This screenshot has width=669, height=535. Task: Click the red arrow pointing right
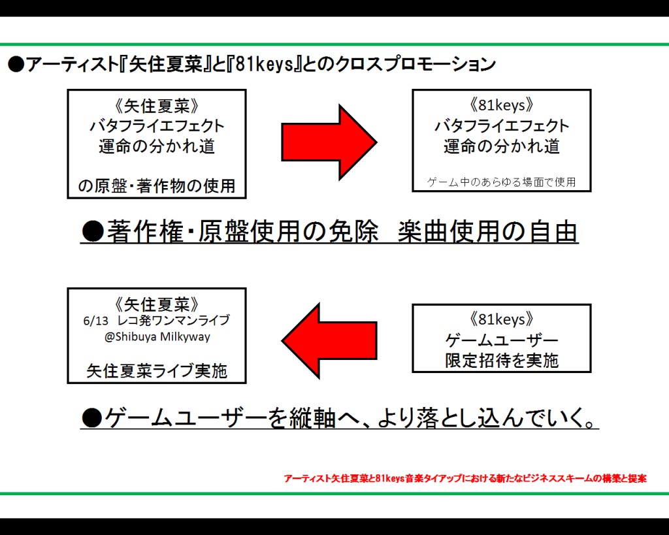[329, 142]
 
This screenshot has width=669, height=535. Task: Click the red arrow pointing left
[329, 341]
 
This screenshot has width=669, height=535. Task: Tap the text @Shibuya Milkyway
[157, 337]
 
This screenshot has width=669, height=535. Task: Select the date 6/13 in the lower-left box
[95, 321]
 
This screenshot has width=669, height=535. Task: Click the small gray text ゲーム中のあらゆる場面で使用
[501, 182]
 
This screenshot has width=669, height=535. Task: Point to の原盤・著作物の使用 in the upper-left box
[157, 186]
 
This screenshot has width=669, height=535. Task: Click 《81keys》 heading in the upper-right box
[501, 105]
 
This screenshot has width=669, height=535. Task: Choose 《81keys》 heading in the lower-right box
[501, 319]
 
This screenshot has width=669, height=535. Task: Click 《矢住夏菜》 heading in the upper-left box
[157, 106]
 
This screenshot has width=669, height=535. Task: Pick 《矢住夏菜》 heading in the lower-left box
[157, 304]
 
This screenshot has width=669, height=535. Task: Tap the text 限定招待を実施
[502, 361]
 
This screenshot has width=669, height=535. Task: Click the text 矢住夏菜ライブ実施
[157, 371]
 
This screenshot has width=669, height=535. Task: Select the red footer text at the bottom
[465, 478]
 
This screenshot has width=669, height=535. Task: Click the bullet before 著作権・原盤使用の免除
[93, 232]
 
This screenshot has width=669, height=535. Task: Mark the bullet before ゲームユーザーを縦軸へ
[91, 417]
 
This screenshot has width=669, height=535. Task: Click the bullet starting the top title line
[16, 65]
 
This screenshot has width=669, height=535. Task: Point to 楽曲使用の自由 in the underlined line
[487, 232]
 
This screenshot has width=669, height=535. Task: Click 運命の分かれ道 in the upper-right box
[501, 146]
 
